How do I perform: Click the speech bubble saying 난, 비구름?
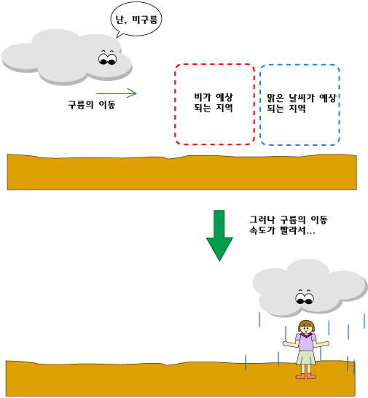tap(136, 19)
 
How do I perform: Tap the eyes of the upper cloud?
tap(108, 58)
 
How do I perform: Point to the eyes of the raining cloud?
tap(305, 297)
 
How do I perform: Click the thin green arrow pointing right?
tap(117, 93)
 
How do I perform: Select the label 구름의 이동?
tap(92, 104)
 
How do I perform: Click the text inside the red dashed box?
tap(214, 102)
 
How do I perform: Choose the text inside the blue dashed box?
tap(301, 103)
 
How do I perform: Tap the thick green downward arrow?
tap(219, 235)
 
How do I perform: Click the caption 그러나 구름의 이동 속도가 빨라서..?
tap(288, 225)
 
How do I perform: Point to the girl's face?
tap(307, 329)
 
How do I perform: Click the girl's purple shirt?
tap(306, 342)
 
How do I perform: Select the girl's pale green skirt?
tap(306, 358)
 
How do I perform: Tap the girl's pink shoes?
tap(306, 376)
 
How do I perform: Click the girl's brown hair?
tap(306, 324)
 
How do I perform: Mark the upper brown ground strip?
tap(181, 172)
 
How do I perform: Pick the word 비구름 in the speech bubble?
tap(145, 20)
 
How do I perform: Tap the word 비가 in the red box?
tap(203, 97)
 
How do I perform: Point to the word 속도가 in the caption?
tap(262, 231)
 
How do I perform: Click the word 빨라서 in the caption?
tap(293, 231)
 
